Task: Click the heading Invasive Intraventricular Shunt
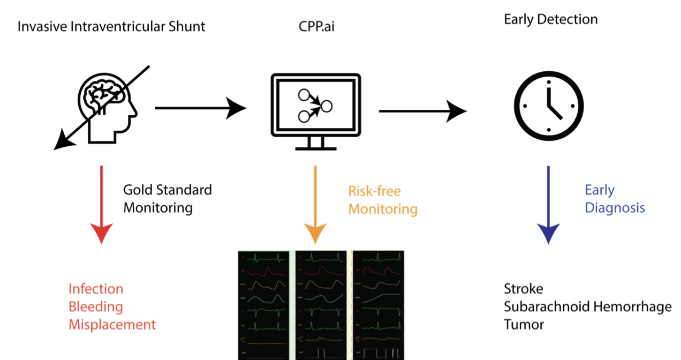click(x=111, y=26)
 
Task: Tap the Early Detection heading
click(x=550, y=20)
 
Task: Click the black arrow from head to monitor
click(x=200, y=108)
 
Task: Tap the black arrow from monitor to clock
click(x=422, y=111)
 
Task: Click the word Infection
click(x=96, y=289)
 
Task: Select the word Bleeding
click(x=96, y=307)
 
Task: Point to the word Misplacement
click(x=112, y=325)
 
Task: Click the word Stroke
click(x=523, y=289)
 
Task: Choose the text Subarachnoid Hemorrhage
click(x=587, y=307)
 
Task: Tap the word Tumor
click(x=524, y=325)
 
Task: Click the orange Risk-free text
click(x=374, y=191)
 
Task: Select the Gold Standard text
click(x=168, y=190)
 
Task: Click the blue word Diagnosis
click(x=615, y=208)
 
